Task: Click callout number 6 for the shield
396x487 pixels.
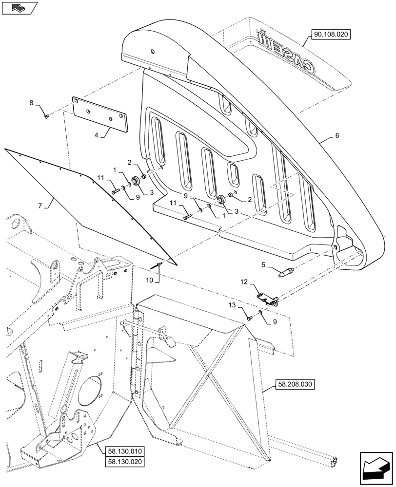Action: pos(337,136)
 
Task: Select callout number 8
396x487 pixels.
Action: pos(32,103)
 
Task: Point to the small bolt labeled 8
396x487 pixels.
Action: pos(46,116)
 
